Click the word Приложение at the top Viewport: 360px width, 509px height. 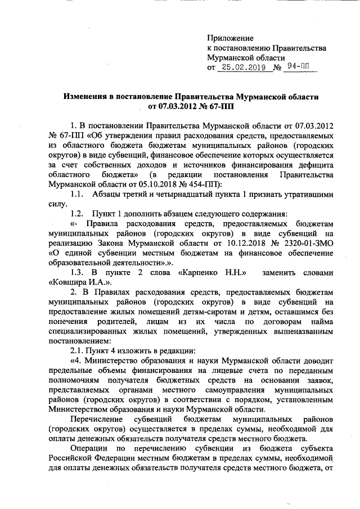click(231, 38)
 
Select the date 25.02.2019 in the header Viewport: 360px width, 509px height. click(243, 68)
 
